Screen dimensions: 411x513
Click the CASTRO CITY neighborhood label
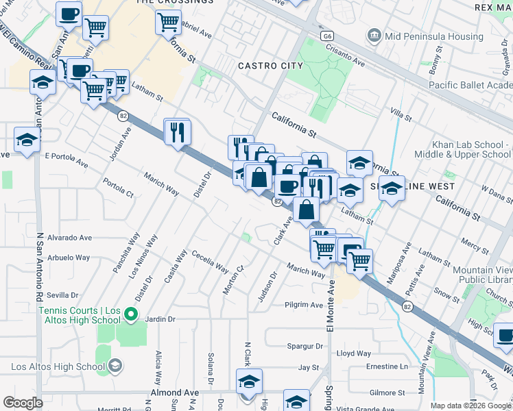pyautogui.click(x=270, y=66)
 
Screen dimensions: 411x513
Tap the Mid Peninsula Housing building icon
pyautogui.click(x=374, y=34)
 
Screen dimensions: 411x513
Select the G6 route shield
pyautogui.click(x=327, y=35)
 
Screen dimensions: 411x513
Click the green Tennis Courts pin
pyautogui.click(x=133, y=316)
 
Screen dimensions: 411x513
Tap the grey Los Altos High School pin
pyautogui.click(x=115, y=364)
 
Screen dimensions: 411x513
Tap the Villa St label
pyautogui.click(x=400, y=114)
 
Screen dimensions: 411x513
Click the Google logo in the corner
pyautogui.click(x=23, y=403)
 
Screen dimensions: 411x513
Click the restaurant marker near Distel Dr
pyautogui.click(x=178, y=131)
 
